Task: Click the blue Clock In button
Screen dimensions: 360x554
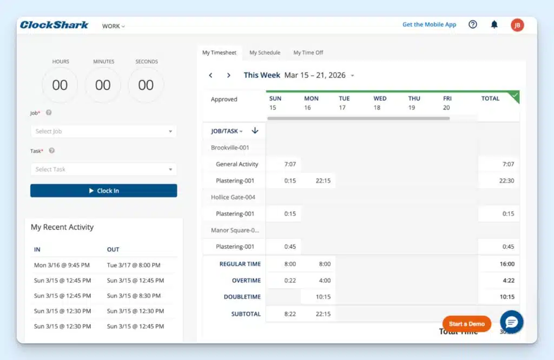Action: pyautogui.click(x=103, y=191)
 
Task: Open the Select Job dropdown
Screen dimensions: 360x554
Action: pyautogui.click(x=103, y=131)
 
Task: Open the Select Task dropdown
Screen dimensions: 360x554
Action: pyautogui.click(x=103, y=169)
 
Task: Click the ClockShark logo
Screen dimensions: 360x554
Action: pyautogui.click(x=54, y=25)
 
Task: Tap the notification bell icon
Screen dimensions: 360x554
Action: pyautogui.click(x=494, y=24)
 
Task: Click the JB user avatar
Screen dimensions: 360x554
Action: pyautogui.click(x=517, y=25)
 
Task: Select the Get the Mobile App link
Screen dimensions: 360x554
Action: pyautogui.click(x=429, y=24)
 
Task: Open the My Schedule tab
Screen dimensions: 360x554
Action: pyautogui.click(x=265, y=52)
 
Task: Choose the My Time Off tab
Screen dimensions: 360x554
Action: pyautogui.click(x=308, y=52)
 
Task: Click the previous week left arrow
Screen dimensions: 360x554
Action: pyautogui.click(x=211, y=75)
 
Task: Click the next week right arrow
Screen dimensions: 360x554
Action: pyautogui.click(x=229, y=75)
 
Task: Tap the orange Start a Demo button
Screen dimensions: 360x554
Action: pyautogui.click(x=466, y=324)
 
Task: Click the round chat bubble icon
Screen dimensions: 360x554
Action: pyautogui.click(x=511, y=322)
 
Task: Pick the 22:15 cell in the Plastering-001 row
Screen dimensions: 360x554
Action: pyautogui.click(x=323, y=181)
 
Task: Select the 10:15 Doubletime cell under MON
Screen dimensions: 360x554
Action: pyautogui.click(x=323, y=297)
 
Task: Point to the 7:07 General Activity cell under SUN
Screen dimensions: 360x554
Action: pyautogui.click(x=290, y=164)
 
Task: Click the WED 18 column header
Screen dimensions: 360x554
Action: pyautogui.click(x=380, y=103)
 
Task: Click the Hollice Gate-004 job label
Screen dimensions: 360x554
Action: pyautogui.click(x=233, y=197)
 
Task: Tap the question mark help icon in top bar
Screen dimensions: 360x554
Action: pyautogui.click(x=473, y=24)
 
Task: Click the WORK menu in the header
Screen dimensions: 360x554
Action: pyautogui.click(x=113, y=26)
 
